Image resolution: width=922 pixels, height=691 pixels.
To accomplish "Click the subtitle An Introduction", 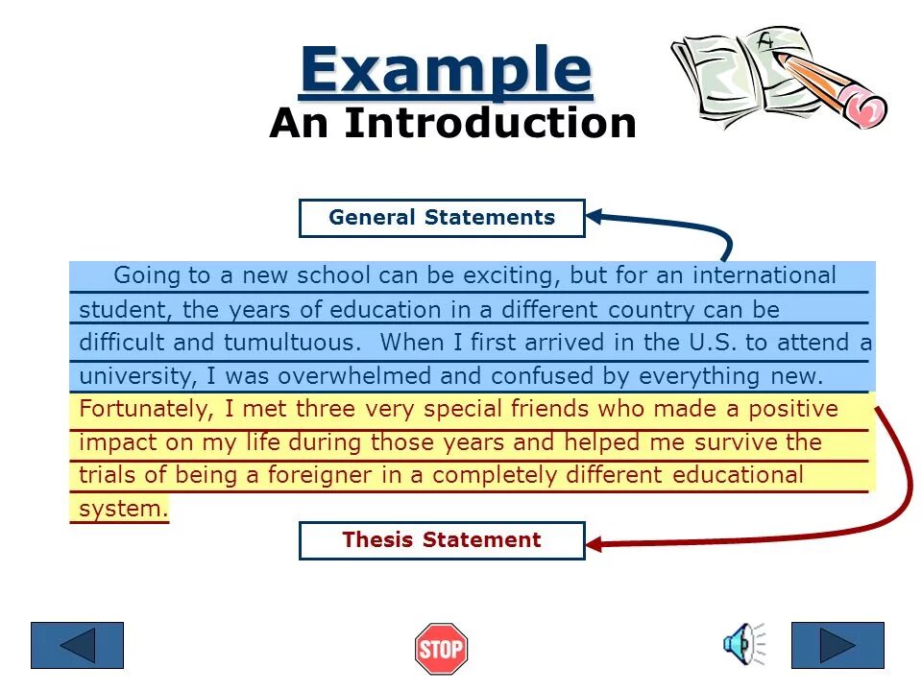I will (452, 123).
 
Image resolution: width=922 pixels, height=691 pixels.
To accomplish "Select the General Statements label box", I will (442, 218).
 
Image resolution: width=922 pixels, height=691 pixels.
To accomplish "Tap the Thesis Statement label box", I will (442, 540).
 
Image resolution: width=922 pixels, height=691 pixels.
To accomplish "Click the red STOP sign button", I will (441, 649).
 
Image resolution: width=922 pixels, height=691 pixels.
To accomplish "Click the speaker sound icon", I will (741, 643).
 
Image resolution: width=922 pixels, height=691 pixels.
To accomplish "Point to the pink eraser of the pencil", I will (868, 111).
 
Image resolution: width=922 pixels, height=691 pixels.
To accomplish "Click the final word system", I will (123, 510).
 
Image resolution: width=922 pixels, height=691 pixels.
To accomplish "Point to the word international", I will (764, 276).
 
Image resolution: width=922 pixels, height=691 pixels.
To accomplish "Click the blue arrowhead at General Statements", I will (595, 217).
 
